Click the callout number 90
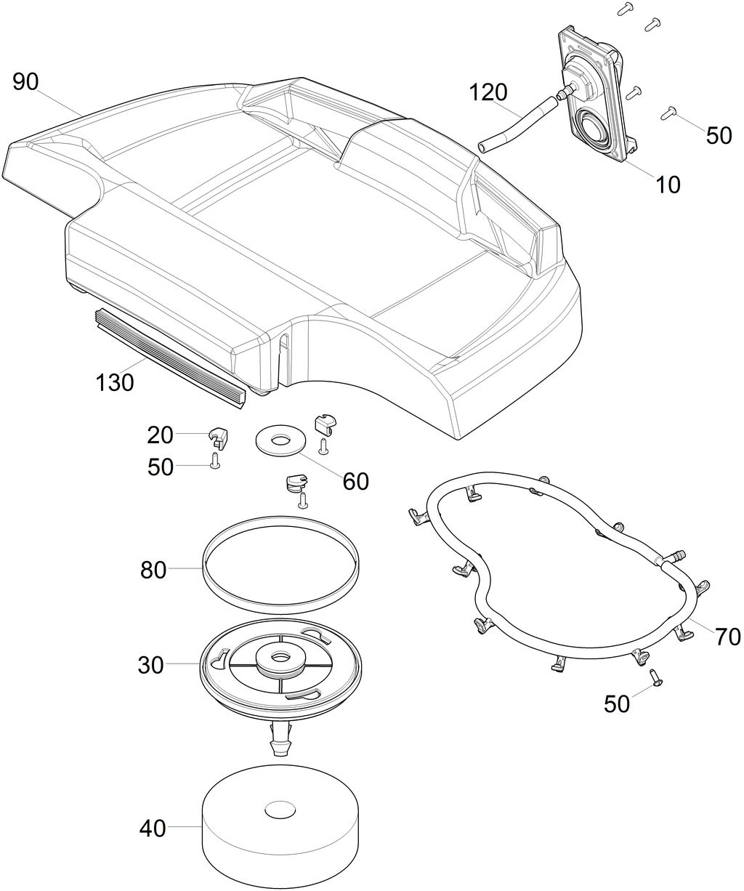(x=25, y=83)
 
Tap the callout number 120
(x=488, y=92)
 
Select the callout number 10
(x=668, y=185)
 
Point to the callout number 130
(x=115, y=382)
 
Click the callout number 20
(x=160, y=435)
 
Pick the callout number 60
(x=355, y=481)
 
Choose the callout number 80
(x=153, y=571)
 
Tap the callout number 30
(x=151, y=665)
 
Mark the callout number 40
(x=153, y=828)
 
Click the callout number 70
(x=727, y=637)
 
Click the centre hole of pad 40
(x=280, y=808)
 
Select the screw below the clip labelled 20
(x=215, y=461)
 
